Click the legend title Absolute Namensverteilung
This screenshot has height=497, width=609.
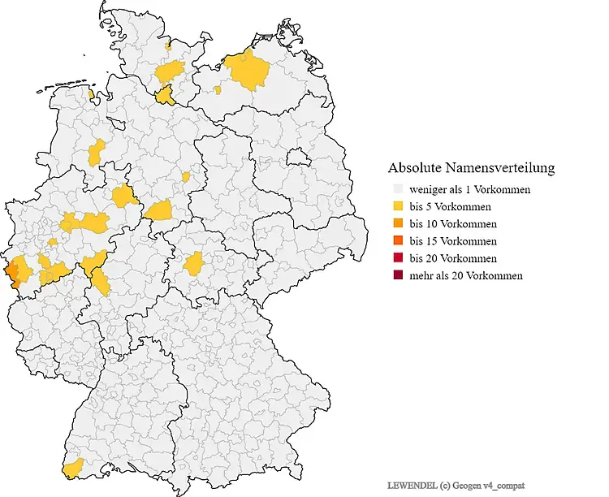click(x=471, y=168)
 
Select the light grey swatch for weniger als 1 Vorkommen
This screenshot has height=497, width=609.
click(x=396, y=190)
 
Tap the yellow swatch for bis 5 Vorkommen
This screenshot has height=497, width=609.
click(x=396, y=207)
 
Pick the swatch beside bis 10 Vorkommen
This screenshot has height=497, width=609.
click(x=396, y=224)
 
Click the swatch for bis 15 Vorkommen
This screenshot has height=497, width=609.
click(x=396, y=241)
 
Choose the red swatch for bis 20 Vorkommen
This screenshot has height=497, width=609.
click(x=396, y=258)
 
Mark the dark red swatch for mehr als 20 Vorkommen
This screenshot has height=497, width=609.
click(x=396, y=275)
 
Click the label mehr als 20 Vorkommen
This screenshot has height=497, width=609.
click(x=466, y=275)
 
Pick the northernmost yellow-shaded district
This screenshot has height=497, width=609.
click(x=168, y=47)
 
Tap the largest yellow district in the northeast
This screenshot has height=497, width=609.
click(x=246, y=71)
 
